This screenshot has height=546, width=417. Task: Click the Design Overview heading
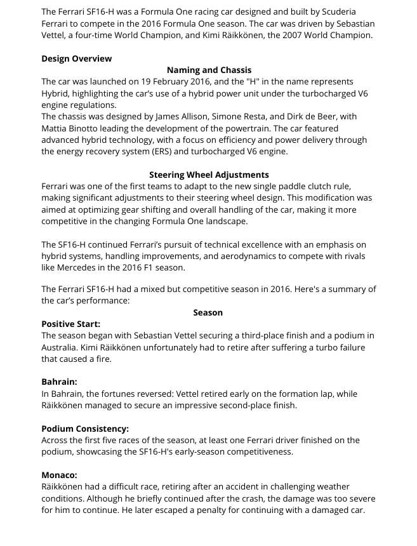pyautogui.click(x=76, y=58)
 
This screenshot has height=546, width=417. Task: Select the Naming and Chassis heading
pyautogui.click(x=209, y=70)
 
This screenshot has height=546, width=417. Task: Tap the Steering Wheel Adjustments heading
pyautogui.click(x=209, y=175)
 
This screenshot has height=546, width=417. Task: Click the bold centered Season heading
pyautogui.click(x=208, y=312)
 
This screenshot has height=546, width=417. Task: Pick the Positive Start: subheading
pyautogui.click(x=71, y=324)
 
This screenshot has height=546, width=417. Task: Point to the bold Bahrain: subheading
pyautogui.click(x=59, y=382)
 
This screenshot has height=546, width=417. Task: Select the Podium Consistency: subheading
pyautogui.click(x=85, y=429)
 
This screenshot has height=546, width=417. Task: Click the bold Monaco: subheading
pyautogui.click(x=59, y=475)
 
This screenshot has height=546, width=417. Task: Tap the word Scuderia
pyautogui.click(x=334, y=12)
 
